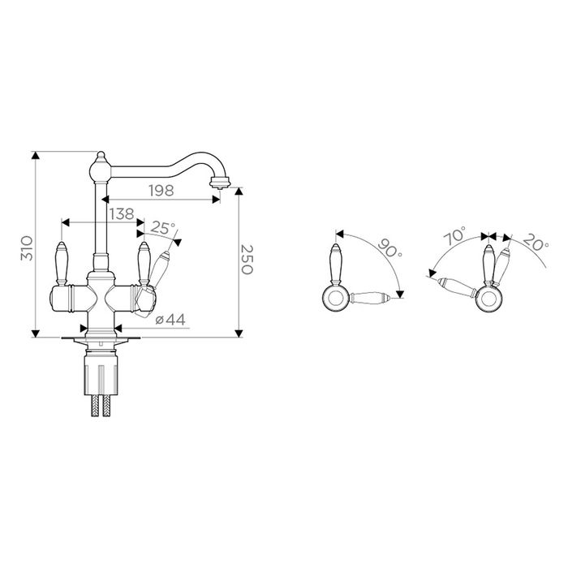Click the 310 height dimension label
point(28,247)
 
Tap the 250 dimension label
point(247,260)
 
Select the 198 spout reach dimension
point(161,190)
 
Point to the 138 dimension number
point(122,213)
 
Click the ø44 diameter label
point(170,320)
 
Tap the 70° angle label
point(454,236)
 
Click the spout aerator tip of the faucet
point(220,182)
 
